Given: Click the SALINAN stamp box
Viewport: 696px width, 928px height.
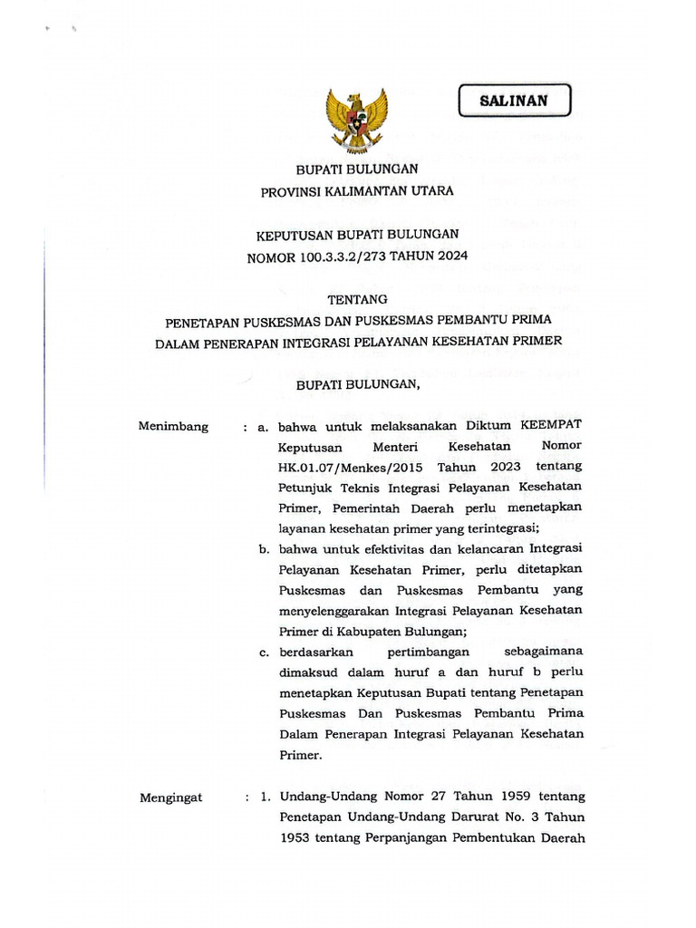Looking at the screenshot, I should coord(514,101).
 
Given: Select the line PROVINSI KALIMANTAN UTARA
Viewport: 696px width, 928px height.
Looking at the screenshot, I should coord(357,191).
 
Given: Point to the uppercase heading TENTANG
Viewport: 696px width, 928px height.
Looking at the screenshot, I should coord(357,298).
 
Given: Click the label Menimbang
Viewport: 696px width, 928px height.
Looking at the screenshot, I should coord(173,426).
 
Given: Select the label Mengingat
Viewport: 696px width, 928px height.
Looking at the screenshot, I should coord(171,797).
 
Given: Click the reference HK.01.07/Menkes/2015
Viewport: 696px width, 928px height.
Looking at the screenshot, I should coord(352,467).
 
